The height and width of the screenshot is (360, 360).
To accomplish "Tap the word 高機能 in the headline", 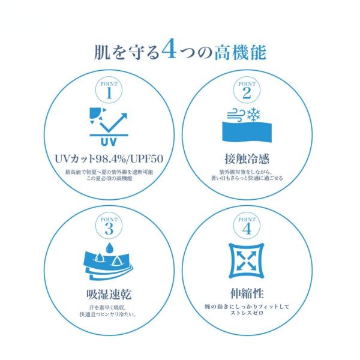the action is coord(240,53).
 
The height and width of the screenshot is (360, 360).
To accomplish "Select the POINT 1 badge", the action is coord(109,90).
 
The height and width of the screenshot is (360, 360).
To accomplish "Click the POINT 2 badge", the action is coord(247,90).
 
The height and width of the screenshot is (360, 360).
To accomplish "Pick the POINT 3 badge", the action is coord(109,226).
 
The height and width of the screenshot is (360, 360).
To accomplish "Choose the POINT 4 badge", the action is coord(247,226).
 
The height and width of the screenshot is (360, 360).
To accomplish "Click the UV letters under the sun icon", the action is coord(109,142).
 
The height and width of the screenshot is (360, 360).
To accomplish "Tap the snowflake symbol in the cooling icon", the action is coord(253,114).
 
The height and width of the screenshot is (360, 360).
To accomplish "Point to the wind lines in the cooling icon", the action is coord(236,115).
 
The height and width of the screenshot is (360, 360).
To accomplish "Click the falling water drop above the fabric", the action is coord(109,247).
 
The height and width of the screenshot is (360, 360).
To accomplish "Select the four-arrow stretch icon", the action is coord(247,260).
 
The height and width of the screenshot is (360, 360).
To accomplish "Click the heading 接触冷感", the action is coord(247,158).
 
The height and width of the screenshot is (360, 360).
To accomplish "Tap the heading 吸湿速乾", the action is coord(109,295).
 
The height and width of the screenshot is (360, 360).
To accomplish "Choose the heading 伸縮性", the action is coord(247,293).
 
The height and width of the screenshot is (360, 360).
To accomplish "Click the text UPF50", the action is coord(147,158).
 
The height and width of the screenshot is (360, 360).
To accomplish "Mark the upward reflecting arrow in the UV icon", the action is coord(113,122).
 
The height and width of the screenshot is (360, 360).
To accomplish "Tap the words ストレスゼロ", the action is coord(247,313).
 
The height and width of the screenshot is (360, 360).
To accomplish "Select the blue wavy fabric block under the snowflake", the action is coord(247,132).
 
